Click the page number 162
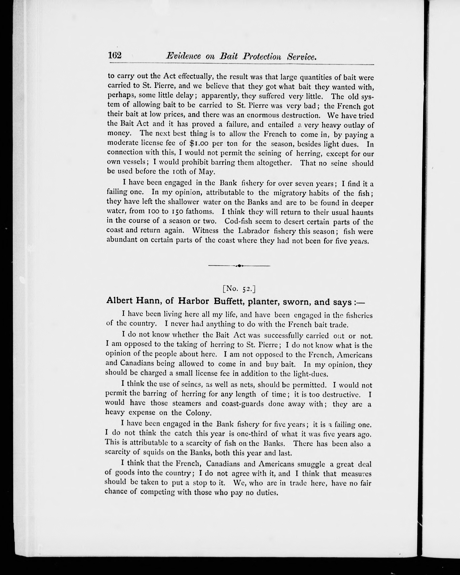115,55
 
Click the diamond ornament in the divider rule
239,266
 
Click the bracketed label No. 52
239,289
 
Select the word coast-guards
242,403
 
